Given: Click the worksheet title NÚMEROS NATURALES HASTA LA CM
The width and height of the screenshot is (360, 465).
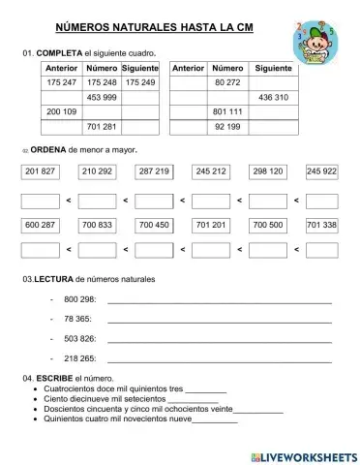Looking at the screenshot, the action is click(x=155, y=29).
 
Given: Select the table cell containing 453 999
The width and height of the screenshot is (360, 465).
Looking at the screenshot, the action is click(x=102, y=98).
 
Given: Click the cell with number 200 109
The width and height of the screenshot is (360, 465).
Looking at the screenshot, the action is click(x=60, y=112).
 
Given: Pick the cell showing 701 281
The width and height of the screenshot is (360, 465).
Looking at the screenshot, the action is click(x=102, y=127).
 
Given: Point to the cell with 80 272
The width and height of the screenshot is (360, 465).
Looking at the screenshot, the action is click(x=225, y=83).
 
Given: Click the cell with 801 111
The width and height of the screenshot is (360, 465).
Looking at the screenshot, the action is click(x=226, y=112).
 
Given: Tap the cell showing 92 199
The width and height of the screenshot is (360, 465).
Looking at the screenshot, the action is click(x=226, y=127).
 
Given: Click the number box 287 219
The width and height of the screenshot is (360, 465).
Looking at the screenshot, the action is click(x=154, y=171).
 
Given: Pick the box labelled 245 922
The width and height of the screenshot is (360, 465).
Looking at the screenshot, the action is click(x=321, y=171).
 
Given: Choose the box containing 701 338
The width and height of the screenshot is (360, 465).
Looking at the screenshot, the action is click(x=321, y=225).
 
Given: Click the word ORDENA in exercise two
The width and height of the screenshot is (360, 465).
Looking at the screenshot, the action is click(x=52, y=150).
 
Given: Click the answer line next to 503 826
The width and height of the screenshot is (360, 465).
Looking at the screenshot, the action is click(x=219, y=340).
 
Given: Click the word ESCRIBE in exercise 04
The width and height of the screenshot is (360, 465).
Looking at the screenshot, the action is click(x=57, y=377).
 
